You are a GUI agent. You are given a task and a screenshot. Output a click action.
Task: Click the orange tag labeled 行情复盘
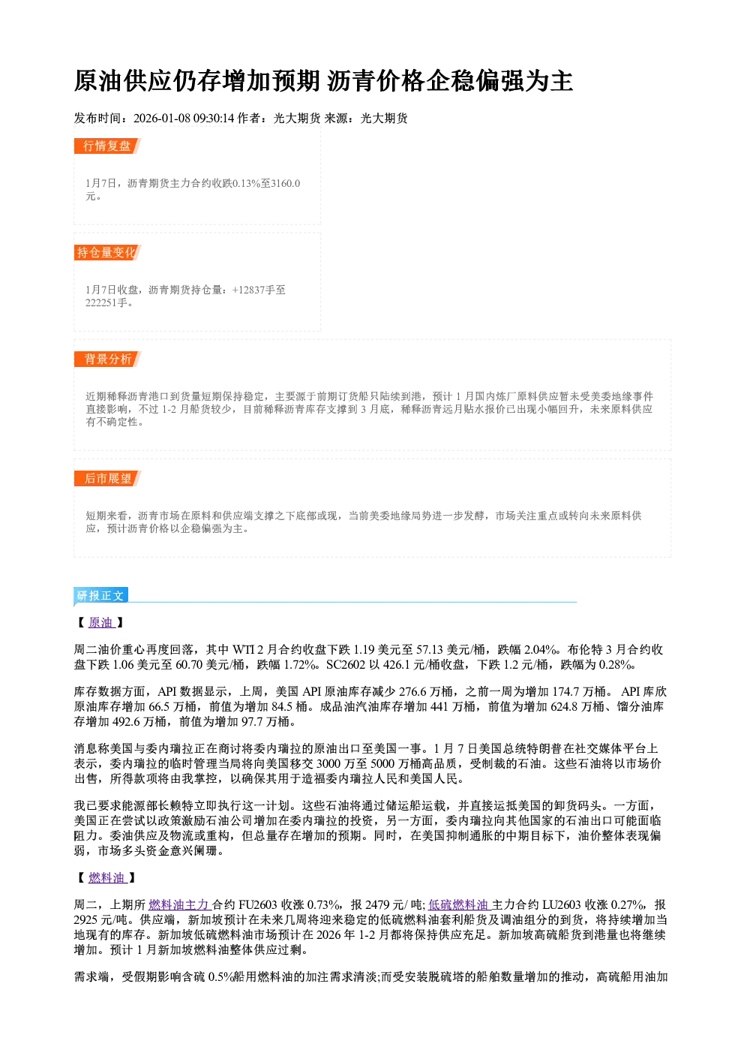(107, 146)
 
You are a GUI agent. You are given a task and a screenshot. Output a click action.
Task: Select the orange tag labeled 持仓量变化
(107, 252)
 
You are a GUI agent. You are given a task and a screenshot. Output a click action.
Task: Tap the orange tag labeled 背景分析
(107, 360)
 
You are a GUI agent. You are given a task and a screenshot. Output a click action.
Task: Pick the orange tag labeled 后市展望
(107, 479)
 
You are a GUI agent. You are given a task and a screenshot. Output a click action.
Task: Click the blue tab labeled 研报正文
(100, 596)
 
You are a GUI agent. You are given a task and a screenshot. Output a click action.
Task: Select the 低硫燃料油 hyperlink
(460, 905)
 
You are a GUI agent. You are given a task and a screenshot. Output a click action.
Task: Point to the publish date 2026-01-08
(161, 118)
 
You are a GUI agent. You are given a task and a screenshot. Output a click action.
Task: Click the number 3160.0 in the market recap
(286, 183)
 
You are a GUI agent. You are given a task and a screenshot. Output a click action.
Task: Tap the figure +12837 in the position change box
(248, 290)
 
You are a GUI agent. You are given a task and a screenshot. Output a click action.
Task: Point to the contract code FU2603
(258, 905)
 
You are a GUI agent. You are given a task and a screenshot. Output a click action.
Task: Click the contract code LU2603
(562, 905)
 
